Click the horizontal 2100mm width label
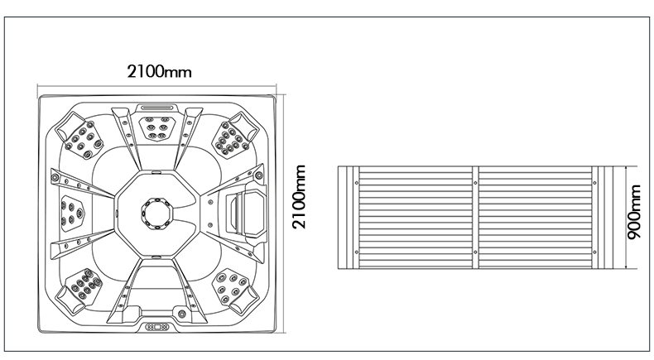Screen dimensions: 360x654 [x=159, y=71]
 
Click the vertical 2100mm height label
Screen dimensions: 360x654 [x=300, y=196]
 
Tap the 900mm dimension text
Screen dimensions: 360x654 [x=633, y=214]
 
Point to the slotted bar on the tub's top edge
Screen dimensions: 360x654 [x=158, y=106]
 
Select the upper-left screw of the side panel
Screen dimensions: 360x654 [x=356, y=176]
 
